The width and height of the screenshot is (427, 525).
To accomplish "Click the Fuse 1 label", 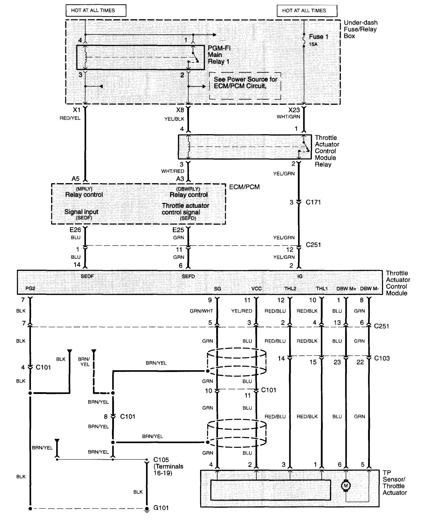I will coord(318,37).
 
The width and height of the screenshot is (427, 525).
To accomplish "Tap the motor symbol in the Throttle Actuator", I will coord(346,486).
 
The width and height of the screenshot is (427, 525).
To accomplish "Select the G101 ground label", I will coord(161,508).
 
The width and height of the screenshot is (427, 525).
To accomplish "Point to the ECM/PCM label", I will coord(244,187).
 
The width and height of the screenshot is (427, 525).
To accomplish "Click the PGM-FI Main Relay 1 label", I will coord(219,55).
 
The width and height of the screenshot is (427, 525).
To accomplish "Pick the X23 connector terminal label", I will coord(294,110).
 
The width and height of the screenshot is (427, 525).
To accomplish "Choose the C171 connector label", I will coord(313,202).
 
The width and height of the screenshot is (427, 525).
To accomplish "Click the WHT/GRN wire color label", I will coord(288,117).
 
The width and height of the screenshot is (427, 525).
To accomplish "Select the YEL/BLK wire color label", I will coord(174,119).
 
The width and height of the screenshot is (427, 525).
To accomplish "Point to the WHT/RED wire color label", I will coord(173,171).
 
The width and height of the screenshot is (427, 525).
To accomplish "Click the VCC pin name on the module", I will coord(256,289).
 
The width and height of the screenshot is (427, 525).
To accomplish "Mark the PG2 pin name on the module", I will coord(30,289).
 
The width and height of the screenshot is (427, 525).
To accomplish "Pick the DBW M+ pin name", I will coord(346,289).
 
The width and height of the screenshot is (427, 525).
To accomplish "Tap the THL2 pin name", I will coord(290,289).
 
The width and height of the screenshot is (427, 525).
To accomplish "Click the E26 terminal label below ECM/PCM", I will coord(75,230).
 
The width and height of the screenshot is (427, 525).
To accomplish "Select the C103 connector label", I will coord(382,358).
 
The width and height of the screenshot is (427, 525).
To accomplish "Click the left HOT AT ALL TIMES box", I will coord(96,10).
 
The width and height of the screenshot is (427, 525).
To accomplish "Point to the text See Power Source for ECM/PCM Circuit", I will coord(245,83).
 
